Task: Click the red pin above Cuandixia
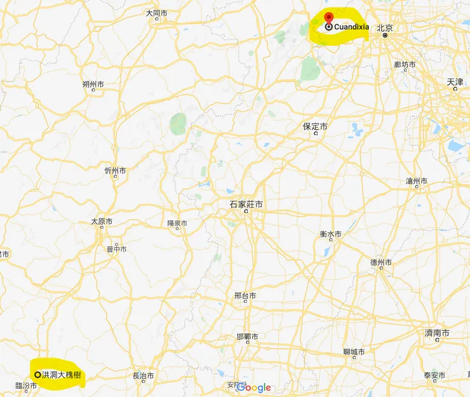[x=328, y=18]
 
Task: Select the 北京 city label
[x=384, y=28]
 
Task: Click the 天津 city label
[x=455, y=83]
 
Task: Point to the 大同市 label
[x=156, y=13]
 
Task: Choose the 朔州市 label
[x=93, y=84]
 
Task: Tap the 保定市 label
[x=315, y=127]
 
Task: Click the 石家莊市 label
[x=246, y=205]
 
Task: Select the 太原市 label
[x=102, y=222]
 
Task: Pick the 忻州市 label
[x=115, y=171]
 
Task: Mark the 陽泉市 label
[x=177, y=223]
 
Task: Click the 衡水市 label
[x=330, y=234]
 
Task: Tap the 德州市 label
[x=381, y=262]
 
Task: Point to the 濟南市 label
[x=437, y=333]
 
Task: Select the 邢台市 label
[x=245, y=295]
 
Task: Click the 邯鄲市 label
[x=247, y=337]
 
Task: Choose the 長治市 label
[x=143, y=376]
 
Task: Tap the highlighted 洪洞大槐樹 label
[x=61, y=375]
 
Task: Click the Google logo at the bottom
[x=254, y=387]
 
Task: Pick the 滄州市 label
[x=417, y=181]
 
